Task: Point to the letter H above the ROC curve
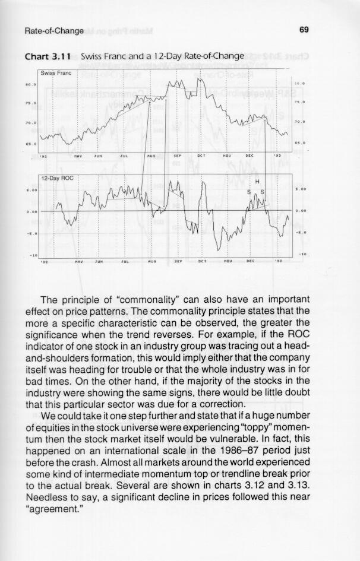point(257,182)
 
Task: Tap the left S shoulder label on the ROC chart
point(249,192)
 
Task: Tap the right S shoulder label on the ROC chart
point(263,192)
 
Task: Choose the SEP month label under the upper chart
point(176,156)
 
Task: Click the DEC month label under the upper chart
point(250,156)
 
